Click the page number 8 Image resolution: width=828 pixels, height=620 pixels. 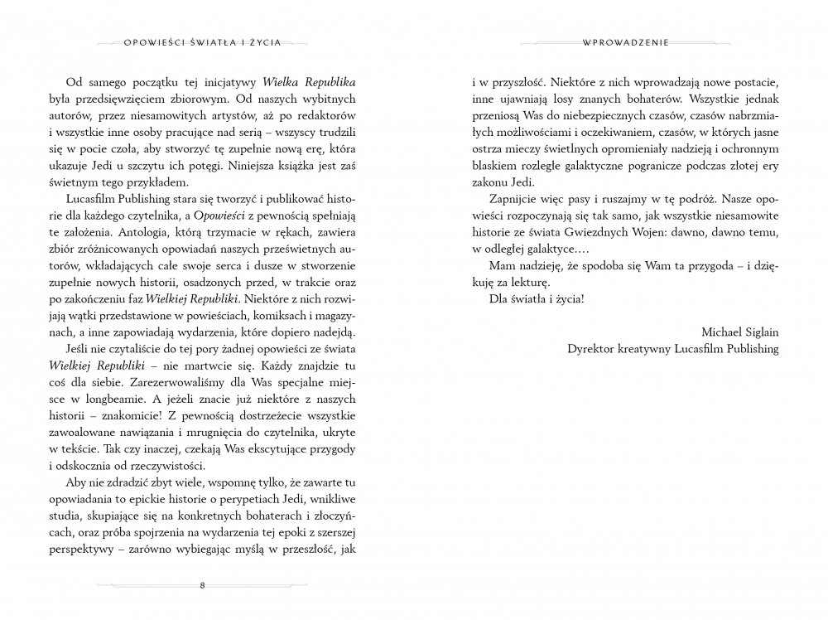click(x=203, y=586)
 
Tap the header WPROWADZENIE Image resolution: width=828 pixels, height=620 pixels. click(x=625, y=41)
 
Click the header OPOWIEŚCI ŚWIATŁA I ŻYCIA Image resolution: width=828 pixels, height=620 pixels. click(x=203, y=41)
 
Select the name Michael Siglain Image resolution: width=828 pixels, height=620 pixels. click(x=740, y=332)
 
